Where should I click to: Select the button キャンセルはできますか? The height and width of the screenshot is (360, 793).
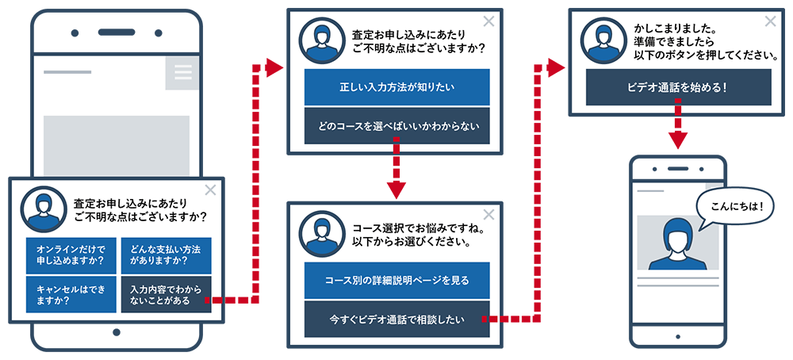[x=71, y=294]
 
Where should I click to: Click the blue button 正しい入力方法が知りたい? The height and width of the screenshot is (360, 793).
[x=396, y=87]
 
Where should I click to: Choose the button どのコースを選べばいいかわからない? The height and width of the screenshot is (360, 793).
[x=396, y=125]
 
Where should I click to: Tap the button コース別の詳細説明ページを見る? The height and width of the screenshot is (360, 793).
[x=396, y=281]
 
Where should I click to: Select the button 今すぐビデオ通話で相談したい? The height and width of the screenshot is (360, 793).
[x=396, y=320]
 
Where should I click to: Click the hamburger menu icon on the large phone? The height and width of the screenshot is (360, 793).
[x=183, y=73]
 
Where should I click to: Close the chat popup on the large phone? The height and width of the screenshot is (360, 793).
[x=210, y=190]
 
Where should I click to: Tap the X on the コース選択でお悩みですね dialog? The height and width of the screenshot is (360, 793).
[x=488, y=214]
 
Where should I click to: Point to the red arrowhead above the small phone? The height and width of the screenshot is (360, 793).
[x=678, y=140]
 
